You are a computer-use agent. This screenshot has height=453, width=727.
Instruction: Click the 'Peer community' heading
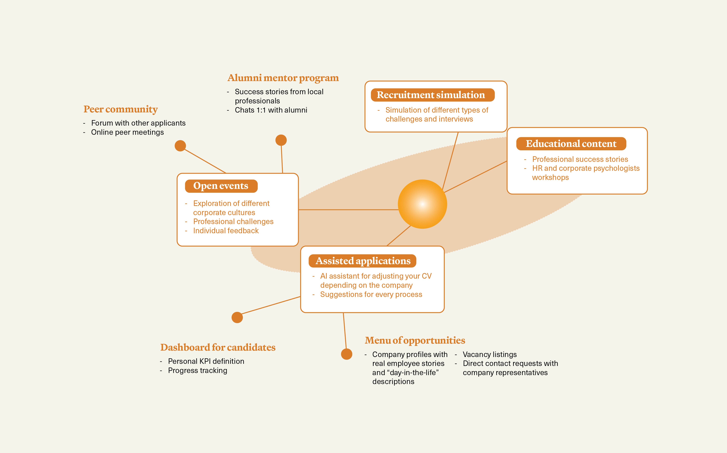point(121,109)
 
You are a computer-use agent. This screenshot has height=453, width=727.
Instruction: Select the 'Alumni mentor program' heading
point(283,78)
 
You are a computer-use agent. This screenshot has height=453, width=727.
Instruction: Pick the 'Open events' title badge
point(221,186)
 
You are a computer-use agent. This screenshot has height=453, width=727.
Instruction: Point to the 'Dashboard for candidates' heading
point(218,348)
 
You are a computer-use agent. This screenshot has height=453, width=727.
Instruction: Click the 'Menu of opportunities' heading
point(415,341)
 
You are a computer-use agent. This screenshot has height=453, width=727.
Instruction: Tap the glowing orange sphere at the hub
point(422,204)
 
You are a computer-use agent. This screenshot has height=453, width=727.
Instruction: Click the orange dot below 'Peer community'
point(180,146)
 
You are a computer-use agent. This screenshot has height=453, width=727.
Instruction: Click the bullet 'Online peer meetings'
point(127,132)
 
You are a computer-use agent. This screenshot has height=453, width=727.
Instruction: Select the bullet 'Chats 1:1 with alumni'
point(271,110)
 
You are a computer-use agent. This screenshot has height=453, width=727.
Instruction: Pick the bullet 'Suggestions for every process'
point(371,295)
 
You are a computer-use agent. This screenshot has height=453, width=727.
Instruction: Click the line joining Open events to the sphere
point(348,210)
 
